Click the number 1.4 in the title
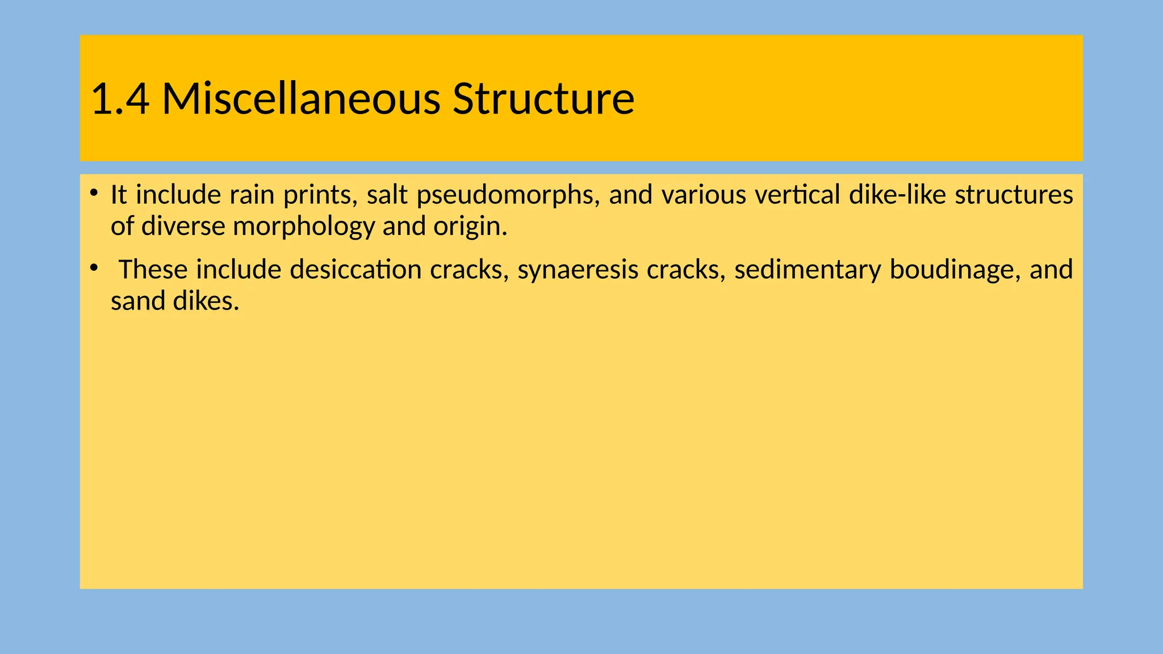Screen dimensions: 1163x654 pos(120,99)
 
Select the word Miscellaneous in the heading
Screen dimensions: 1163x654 pos(301,99)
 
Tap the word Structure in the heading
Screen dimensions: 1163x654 pos(543,99)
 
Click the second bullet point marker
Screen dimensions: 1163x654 pos(94,266)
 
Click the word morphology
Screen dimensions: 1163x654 pos(304,227)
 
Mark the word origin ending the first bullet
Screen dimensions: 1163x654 pos(469,227)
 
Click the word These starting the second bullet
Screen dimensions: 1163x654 pos(153,270)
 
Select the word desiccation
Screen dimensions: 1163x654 pos(355,270)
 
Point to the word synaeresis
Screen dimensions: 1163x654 pos(578,270)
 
